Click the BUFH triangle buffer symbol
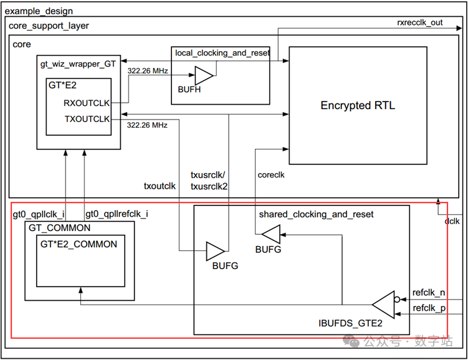click(x=204, y=75)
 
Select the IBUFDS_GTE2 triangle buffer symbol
click(x=384, y=305)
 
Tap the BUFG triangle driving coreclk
click(x=272, y=234)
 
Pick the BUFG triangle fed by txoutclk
click(x=215, y=251)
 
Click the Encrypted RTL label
click(x=358, y=105)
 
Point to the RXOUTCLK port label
click(x=87, y=103)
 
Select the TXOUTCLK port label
click(x=87, y=119)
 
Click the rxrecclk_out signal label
click(x=419, y=22)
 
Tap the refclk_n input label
click(x=429, y=293)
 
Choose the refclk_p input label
click(x=429, y=308)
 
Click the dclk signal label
click(x=452, y=221)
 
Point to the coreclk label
click(x=271, y=175)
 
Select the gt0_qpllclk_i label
click(x=39, y=214)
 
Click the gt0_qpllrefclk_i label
click(x=117, y=214)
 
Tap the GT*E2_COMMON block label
click(x=79, y=244)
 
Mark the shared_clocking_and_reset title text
click(x=316, y=214)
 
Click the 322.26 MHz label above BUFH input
click(x=148, y=70)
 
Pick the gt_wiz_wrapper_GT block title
click(x=78, y=64)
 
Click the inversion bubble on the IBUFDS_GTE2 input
click(x=397, y=299)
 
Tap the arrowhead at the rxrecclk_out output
click(x=459, y=28)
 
